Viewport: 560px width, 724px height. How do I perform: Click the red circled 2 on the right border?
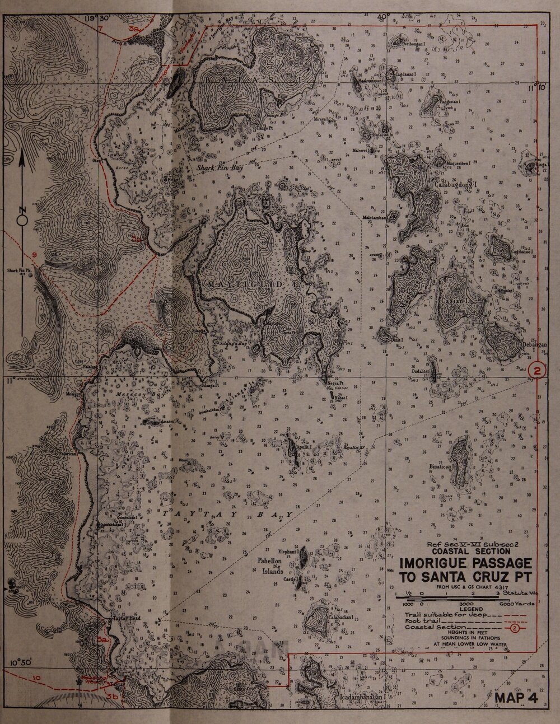click(x=536, y=371)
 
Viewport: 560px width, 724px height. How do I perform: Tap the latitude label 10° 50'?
click(x=21, y=663)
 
